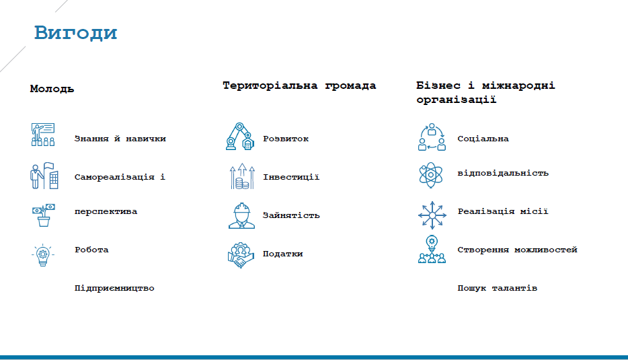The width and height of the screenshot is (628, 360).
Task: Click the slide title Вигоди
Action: (76, 33)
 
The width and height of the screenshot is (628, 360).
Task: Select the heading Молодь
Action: (52, 89)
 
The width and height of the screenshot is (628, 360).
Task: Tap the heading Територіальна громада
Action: (299, 85)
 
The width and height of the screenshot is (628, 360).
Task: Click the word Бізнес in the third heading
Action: (438, 85)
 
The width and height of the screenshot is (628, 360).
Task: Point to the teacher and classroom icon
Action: (43, 135)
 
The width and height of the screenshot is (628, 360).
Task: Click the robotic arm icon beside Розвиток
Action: (240, 137)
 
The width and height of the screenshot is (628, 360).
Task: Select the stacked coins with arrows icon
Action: (242, 176)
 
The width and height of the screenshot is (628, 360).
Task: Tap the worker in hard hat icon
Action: (241, 216)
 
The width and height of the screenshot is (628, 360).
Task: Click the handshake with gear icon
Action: (241, 255)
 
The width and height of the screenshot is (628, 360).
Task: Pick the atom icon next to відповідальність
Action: (430, 175)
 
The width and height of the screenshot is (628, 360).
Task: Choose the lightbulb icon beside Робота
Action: (43, 255)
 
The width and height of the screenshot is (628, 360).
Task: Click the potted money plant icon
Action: (43, 215)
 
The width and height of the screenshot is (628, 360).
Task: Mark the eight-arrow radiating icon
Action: (432, 215)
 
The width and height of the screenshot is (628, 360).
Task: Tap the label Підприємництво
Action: (114, 288)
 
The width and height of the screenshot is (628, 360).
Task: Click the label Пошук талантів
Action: (497, 288)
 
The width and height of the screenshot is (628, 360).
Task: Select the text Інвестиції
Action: (291, 177)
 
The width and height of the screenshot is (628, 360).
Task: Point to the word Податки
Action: (283, 254)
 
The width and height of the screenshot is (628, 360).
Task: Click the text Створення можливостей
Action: (517, 250)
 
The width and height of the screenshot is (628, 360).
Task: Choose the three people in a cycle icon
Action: (432, 137)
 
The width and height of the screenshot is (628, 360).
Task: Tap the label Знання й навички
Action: (120, 139)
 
